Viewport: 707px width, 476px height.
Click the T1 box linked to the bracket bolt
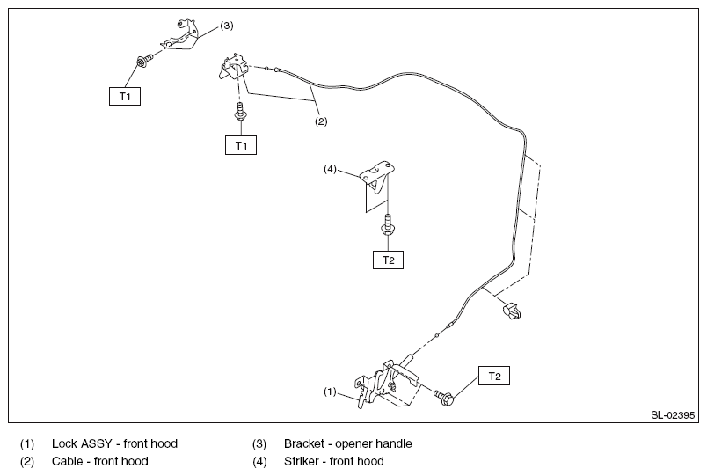click(125, 96)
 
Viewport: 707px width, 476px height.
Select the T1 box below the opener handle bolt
click(241, 145)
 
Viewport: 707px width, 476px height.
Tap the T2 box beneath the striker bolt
click(388, 260)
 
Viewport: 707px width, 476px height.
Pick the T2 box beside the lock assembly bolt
click(494, 376)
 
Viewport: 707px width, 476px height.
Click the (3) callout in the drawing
click(227, 26)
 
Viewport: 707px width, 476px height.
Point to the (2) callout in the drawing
click(321, 121)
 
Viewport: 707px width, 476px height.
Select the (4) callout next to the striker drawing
click(330, 169)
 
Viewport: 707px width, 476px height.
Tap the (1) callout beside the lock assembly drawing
click(330, 392)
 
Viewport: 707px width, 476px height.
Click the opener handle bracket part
click(180, 37)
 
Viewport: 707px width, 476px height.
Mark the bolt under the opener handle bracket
click(145, 60)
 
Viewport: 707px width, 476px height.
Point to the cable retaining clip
click(511, 311)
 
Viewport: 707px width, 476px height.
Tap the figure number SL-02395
click(673, 415)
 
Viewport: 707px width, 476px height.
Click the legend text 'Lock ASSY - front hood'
click(114, 443)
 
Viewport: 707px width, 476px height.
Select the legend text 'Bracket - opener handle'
click(348, 443)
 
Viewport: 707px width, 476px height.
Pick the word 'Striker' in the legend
click(302, 461)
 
